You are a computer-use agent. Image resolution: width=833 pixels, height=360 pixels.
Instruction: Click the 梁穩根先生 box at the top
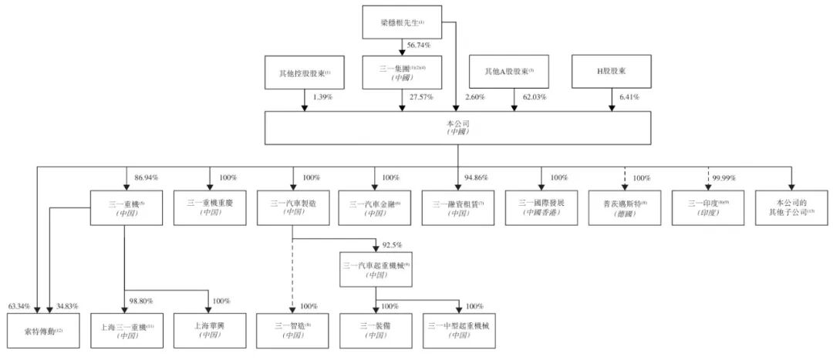(x=401, y=22)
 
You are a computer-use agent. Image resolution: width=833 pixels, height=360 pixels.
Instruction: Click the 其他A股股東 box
(x=510, y=73)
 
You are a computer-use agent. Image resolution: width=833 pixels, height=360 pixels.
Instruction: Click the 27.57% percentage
(x=421, y=98)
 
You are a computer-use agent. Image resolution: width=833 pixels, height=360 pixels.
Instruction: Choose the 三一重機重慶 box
(x=208, y=207)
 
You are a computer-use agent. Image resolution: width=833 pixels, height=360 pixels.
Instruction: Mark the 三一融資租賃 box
(x=458, y=207)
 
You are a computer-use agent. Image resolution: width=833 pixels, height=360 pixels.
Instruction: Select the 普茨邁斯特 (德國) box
(x=624, y=207)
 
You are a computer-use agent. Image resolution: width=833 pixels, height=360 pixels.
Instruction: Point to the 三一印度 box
(x=707, y=207)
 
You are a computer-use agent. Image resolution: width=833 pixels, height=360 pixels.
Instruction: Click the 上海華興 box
(x=209, y=331)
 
